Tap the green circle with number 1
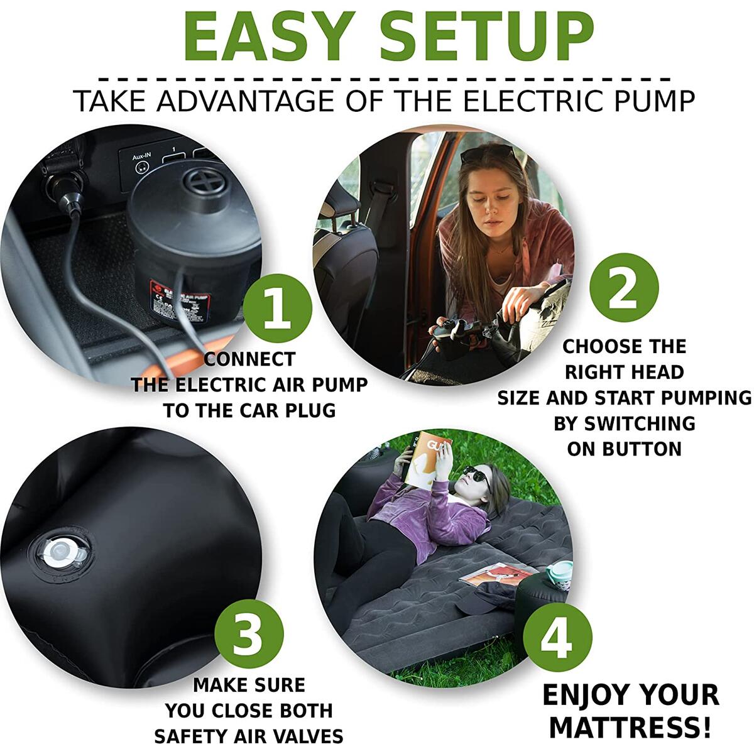point(278,309)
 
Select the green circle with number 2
point(624,288)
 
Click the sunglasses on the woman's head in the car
point(487,153)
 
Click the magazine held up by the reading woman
point(428,459)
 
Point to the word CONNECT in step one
point(249,359)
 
